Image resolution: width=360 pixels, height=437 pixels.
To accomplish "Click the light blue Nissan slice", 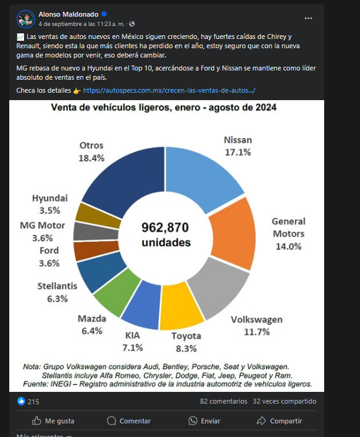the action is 200,176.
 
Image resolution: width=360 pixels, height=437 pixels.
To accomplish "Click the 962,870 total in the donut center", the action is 165,227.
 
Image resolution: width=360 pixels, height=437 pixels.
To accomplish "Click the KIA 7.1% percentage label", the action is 133,347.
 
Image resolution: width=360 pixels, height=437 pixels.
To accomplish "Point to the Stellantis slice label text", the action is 57,286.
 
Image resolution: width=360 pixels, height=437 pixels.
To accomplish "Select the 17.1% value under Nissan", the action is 238,152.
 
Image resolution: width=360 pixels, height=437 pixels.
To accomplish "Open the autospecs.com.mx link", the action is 169,90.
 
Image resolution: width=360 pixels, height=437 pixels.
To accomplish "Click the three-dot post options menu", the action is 308,19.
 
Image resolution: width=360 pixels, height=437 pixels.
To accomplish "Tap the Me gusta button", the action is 53,421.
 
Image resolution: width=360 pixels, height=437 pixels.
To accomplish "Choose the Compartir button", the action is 279,421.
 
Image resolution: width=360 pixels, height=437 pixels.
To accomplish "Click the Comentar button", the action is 129,421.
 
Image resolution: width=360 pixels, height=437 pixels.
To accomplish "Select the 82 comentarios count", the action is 224,401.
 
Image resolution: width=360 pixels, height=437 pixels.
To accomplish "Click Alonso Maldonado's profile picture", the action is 25,19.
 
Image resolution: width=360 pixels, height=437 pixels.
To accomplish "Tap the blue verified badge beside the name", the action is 104,14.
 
